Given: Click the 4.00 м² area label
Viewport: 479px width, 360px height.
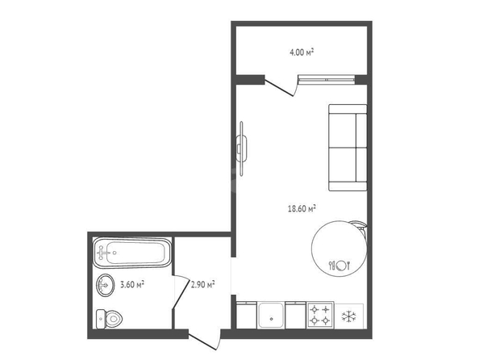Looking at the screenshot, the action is coord(302,52).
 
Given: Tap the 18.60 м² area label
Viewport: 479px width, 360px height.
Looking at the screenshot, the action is coord(302,208).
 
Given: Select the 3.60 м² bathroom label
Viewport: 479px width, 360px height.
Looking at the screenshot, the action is coord(132,284).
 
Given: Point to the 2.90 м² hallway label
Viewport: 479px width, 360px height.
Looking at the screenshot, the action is coord(203,284).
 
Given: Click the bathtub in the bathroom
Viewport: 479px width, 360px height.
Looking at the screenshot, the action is coord(132,253).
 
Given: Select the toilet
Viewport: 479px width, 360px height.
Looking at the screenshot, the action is coord(109,319).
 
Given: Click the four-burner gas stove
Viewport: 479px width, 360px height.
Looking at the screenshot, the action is coord(320,316).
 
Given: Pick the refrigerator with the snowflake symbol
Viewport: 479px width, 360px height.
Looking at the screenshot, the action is coord(348,316).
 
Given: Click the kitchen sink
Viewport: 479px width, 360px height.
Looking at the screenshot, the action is coord(271,315).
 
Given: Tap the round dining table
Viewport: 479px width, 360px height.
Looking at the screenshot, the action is coord(339,249).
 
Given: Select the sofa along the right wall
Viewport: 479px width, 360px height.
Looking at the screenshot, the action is coord(348,148).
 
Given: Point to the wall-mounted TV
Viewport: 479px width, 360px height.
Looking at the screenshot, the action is coord(241,149).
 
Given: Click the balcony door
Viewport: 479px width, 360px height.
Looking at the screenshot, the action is coord(281,88).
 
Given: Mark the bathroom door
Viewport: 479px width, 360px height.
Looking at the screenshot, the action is coord(181,291).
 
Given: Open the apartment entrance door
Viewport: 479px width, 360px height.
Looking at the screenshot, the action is coord(204,341).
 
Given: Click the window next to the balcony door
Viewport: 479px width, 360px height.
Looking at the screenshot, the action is coord(327,80).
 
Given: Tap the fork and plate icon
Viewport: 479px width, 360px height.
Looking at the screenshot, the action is coord(339,266).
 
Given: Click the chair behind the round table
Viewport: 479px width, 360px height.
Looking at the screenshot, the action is coord(361,226).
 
